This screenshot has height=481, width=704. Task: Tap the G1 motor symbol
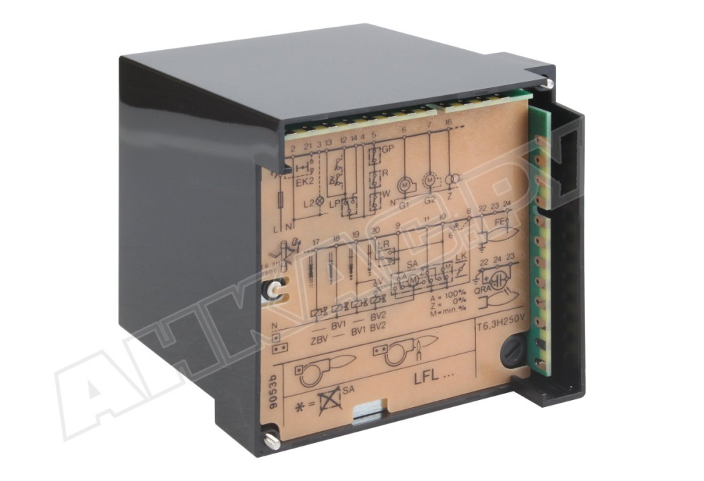404,185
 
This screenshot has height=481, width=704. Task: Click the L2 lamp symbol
318,203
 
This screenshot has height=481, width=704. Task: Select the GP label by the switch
387,150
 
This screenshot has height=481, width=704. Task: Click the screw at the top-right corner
549,84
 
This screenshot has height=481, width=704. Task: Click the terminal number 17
315,242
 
